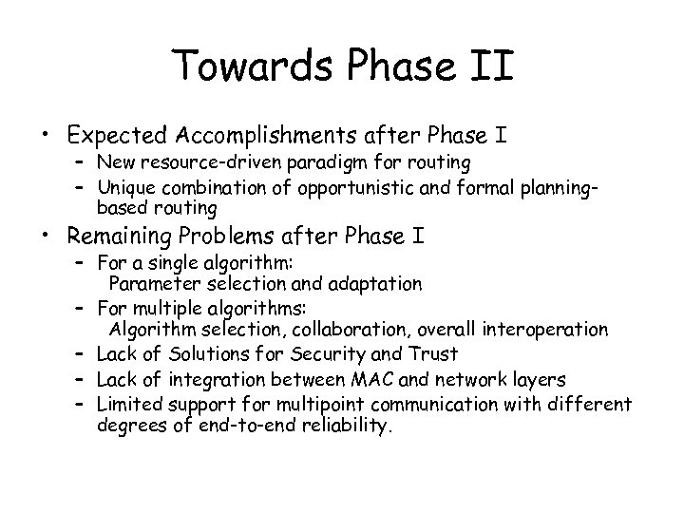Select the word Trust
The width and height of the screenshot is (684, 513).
point(434,354)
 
